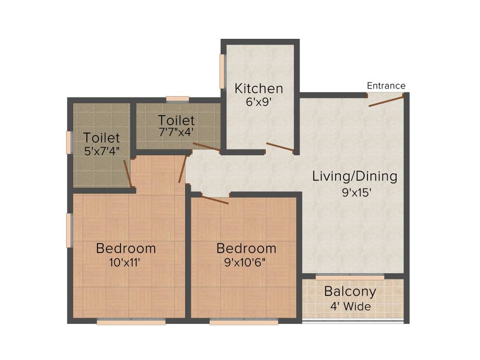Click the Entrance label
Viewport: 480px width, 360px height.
[386, 86]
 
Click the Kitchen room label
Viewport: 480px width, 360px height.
[259, 88]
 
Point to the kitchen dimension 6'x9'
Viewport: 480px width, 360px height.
[259, 102]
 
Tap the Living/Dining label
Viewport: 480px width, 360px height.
[355, 177]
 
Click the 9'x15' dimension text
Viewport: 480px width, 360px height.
[357, 192]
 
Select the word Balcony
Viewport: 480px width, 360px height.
[350, 292]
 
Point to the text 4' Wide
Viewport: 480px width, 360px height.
[350, 307]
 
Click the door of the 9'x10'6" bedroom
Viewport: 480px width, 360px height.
[215, 200]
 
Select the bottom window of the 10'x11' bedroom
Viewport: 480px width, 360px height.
[131, 322]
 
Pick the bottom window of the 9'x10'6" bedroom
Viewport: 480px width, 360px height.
[244, 322]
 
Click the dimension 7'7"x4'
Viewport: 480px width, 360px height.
[176, 132]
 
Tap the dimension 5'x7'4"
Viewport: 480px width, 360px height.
[101, 151]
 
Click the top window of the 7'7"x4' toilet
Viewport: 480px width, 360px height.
[178, 99]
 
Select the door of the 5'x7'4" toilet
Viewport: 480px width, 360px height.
[127, 173]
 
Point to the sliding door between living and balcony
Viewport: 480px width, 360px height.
[350, 277]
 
